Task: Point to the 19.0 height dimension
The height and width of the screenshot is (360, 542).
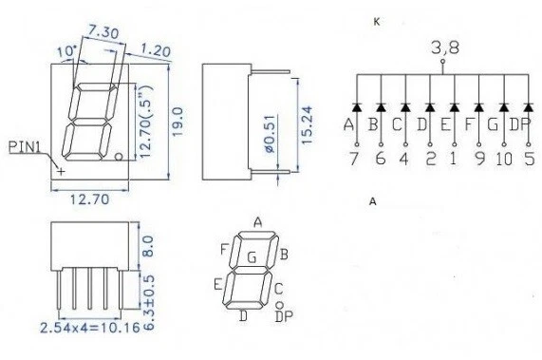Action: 177,121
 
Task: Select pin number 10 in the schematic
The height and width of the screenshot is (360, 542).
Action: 501,159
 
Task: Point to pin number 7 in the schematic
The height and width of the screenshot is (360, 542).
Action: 351,159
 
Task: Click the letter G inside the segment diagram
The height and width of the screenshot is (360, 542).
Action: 251,256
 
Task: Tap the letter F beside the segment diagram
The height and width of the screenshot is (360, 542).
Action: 224,250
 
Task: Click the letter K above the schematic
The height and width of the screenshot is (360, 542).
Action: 377,20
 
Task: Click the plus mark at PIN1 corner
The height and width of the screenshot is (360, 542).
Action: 62,172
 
